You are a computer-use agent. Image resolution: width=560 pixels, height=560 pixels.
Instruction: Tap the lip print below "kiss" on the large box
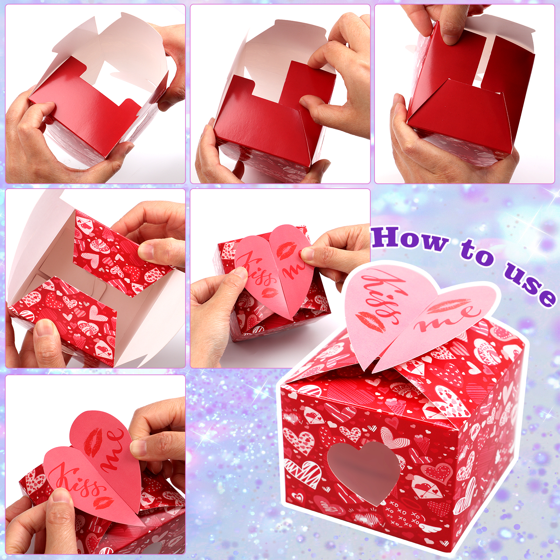point(370,320)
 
